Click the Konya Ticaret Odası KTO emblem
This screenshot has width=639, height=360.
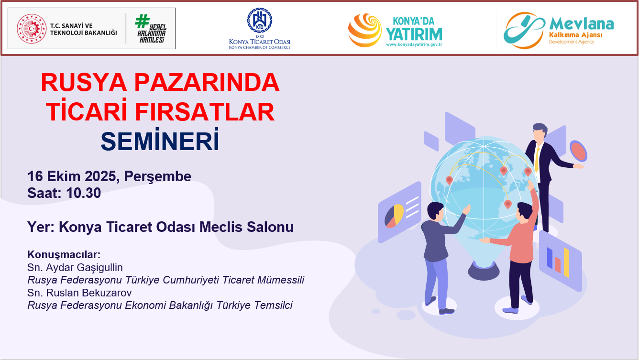(x=260, y=20)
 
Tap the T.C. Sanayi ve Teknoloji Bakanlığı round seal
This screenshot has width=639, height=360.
(x=32, y=29)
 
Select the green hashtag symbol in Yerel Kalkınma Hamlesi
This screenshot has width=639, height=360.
(x=142, y=22)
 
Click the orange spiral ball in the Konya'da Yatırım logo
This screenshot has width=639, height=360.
(x=365, y=30)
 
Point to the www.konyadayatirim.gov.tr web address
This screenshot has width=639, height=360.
(x=414, y=44)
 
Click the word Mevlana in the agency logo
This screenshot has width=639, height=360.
(x=582, y=24)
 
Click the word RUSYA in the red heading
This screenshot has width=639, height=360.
(x=84, y=82)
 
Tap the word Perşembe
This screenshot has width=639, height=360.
(x=157, y=177)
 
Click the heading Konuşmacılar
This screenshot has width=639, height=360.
(x=64, y=254)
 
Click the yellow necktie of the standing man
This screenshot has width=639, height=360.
(x=537, y=160)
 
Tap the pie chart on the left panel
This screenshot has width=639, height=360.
(x=394, y=216)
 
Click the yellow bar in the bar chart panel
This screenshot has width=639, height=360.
(x=566, y=262)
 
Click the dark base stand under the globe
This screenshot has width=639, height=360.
(x=484, y=271)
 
